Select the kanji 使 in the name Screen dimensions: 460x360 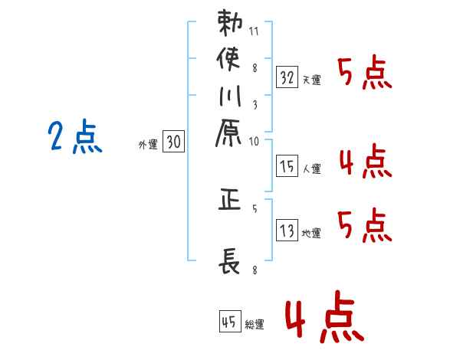click(229, 60)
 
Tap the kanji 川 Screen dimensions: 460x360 click(229, 97)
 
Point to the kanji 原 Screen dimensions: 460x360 click(229, 135)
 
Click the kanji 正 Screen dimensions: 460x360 click(229, 201)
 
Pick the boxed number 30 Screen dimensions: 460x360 click(173, 142)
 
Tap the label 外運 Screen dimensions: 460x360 click(147, 144)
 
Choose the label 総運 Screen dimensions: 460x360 click(255, 325)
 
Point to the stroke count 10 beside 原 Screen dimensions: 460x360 click(255, 141)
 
